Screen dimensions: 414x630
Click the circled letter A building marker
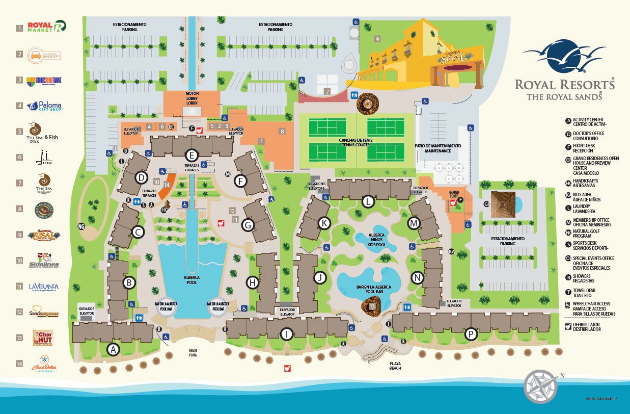pos(113,349)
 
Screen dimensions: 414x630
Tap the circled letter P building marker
pos(471,334)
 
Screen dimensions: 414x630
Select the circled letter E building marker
pos(191,156)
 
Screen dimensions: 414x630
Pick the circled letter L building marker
pos(368,201)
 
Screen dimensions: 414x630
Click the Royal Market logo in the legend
pos(47,27)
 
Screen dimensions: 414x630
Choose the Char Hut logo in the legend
pos(43,338)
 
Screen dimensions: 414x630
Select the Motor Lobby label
pos(191,98)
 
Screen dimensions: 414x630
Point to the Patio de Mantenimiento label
pos(437,148)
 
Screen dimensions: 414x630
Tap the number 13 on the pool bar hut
pos(372,306)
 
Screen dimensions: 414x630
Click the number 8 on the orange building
pos(282,132)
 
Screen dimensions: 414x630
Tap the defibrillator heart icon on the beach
pos(287,368)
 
